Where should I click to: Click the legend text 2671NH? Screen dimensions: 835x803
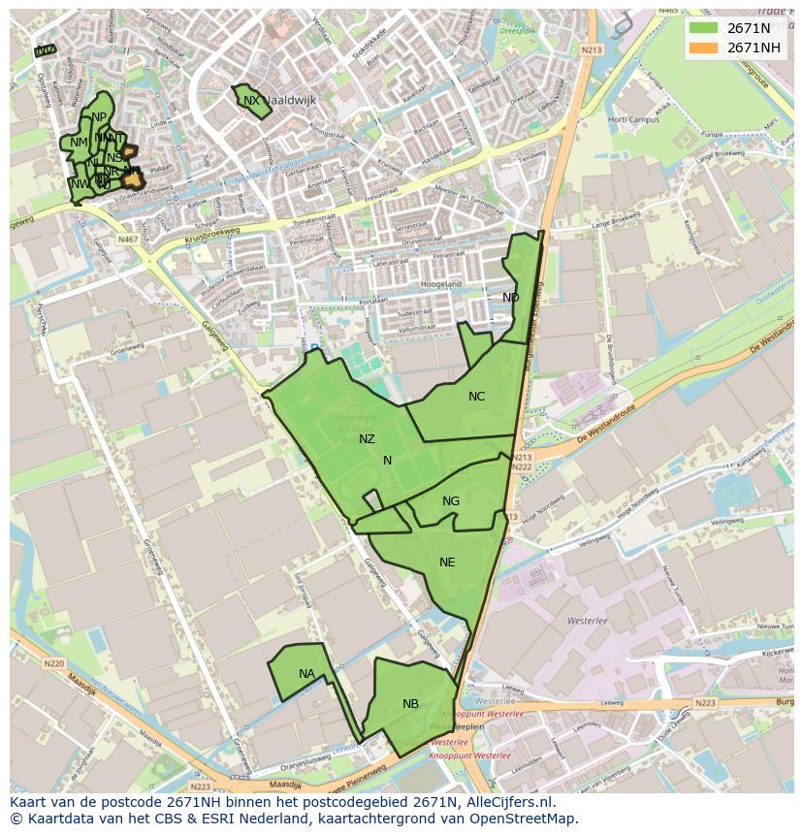(754, 48)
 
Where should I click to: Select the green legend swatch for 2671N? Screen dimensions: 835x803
(704, 28)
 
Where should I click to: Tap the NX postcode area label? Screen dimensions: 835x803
(251, 101)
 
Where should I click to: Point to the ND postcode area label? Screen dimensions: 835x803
(510, 297)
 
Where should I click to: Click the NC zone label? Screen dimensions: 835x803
(476, 397)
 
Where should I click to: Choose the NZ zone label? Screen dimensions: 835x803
(367, 439)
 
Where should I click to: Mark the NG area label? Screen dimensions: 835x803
(451, 501)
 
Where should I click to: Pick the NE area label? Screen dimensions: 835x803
(447, 562)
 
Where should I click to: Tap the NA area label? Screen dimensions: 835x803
(306, 674)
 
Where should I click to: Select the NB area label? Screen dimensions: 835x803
(410, 704)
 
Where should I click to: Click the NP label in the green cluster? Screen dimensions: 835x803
(99, 117)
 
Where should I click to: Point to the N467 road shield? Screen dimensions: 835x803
(127, 239)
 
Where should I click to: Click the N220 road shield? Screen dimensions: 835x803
(53, 663)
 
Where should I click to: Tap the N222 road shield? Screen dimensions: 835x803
(521, 467)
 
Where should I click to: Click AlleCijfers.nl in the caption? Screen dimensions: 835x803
(505, 803)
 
